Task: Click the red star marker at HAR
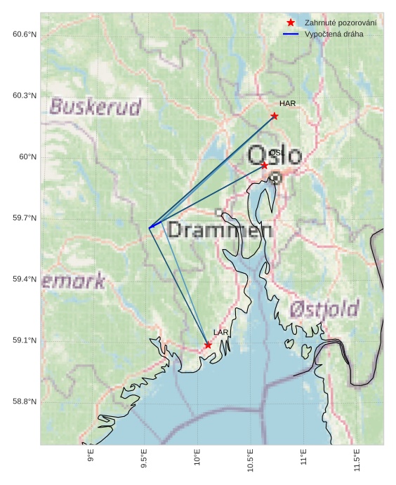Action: [275, 116]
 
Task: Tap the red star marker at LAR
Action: [208, 345]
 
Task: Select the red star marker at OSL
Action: [264, 165]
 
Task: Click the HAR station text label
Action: [287, 103]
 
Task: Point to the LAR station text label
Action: [221, 332]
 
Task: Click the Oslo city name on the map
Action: [275, 156]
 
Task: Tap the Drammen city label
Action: [220, 230]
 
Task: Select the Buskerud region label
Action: [95, 107]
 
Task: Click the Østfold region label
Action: [324, 308]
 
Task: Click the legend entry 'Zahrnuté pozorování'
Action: [341, 23]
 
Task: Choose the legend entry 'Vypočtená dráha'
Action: [334, 34]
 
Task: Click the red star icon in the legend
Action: [291, 23]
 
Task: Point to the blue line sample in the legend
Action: [291, 34]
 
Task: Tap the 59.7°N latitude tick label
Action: [24, 218]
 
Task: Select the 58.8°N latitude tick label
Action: [24, 401]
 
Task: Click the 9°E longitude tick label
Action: [91, 459]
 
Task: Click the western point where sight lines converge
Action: [150, 227]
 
